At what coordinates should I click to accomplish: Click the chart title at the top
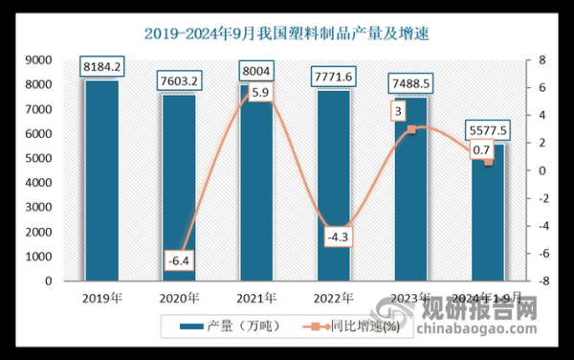coord(287,34)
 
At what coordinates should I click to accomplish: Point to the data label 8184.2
coord(101,67)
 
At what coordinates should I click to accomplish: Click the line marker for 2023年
coord(410,129)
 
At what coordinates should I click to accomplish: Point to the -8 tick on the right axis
coord(541,281)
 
